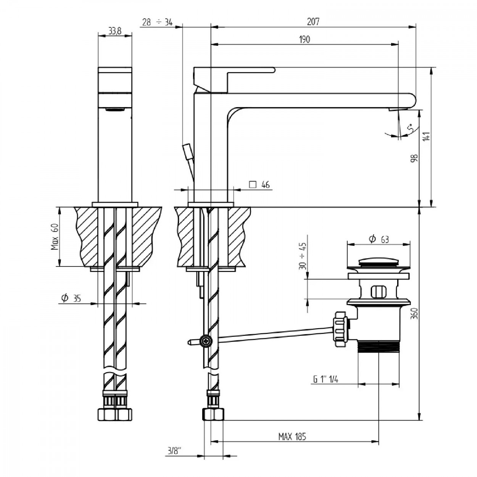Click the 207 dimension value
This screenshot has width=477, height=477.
click(x=313, y=22)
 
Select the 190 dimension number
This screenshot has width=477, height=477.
click(x=304, y=39)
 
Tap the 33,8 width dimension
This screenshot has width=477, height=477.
click(x=115, y=31)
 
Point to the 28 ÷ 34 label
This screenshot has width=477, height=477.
click(x=158, y=22)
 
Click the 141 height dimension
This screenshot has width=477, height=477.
click(x=427, y=136)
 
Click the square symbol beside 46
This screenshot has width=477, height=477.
click(x=253, y=185)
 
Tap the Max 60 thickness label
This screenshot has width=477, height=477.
click(x=55, y=237)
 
